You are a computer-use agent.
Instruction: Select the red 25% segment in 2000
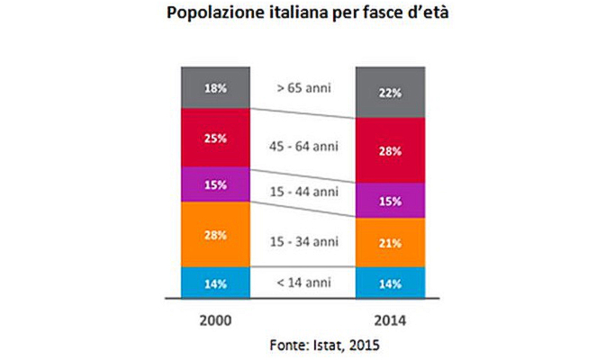[213, 139]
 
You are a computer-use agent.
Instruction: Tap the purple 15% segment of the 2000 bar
[213, 184]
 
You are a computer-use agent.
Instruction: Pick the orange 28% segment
[213, 234]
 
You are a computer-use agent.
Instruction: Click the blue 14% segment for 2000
[213, 282]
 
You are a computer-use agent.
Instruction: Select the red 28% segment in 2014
[390, 150]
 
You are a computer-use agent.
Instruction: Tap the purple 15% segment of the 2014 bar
[390, 202]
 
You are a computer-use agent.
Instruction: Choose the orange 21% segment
[390, 243]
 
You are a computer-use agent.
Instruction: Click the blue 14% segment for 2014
[390, 282]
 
